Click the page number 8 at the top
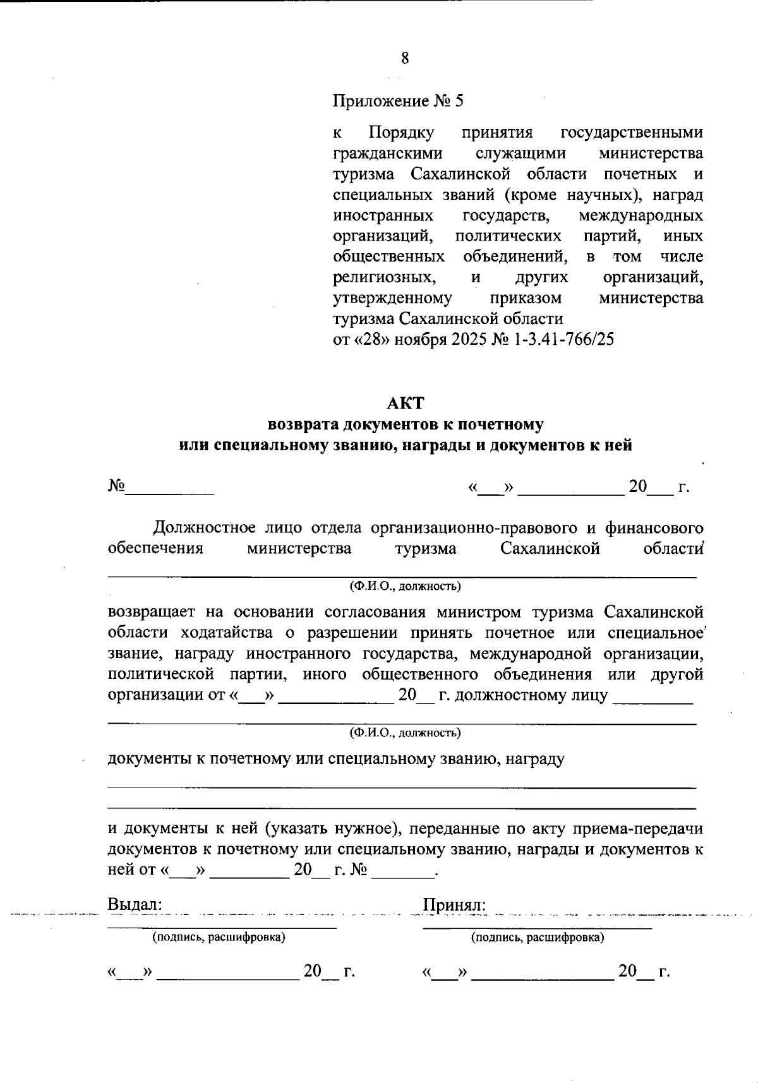[405, 59]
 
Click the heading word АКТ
[405, 403]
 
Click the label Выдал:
[135, 904]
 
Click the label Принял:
[454, 904]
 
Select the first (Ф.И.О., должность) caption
[405, 586]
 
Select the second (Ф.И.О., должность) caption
[405, 733]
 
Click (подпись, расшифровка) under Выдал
[219, 937]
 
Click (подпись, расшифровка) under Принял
[538, 937]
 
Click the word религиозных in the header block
[383, 277]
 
